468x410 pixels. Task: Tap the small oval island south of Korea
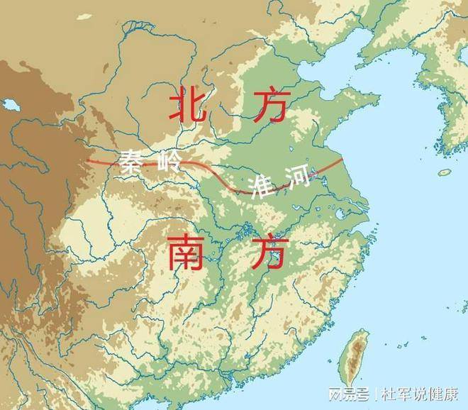(x=445, y=172)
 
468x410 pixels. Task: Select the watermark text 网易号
(x=352, y=393)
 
